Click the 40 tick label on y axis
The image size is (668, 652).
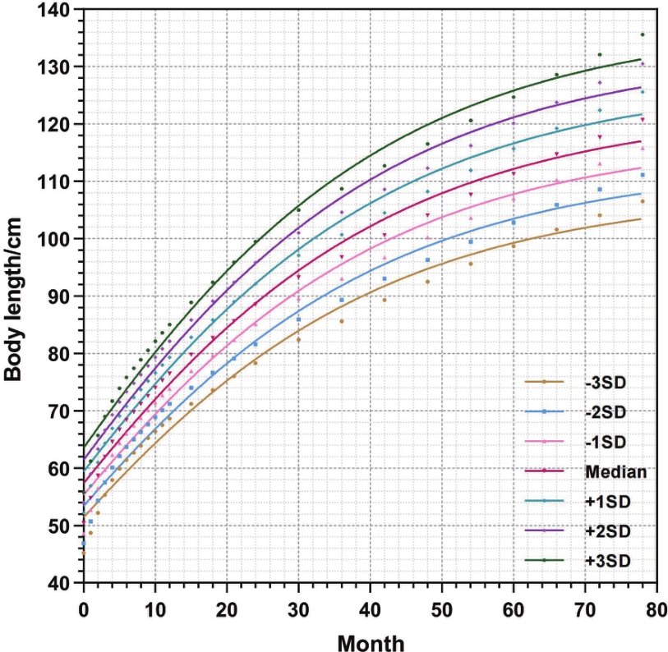[x=63, y=584]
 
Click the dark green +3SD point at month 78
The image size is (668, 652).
[x=643, y=34]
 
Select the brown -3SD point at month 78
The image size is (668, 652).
[x=643, y=201]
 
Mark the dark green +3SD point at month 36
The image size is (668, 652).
[x=342, y=189]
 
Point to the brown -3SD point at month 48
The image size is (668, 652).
[x=427, y=282]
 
